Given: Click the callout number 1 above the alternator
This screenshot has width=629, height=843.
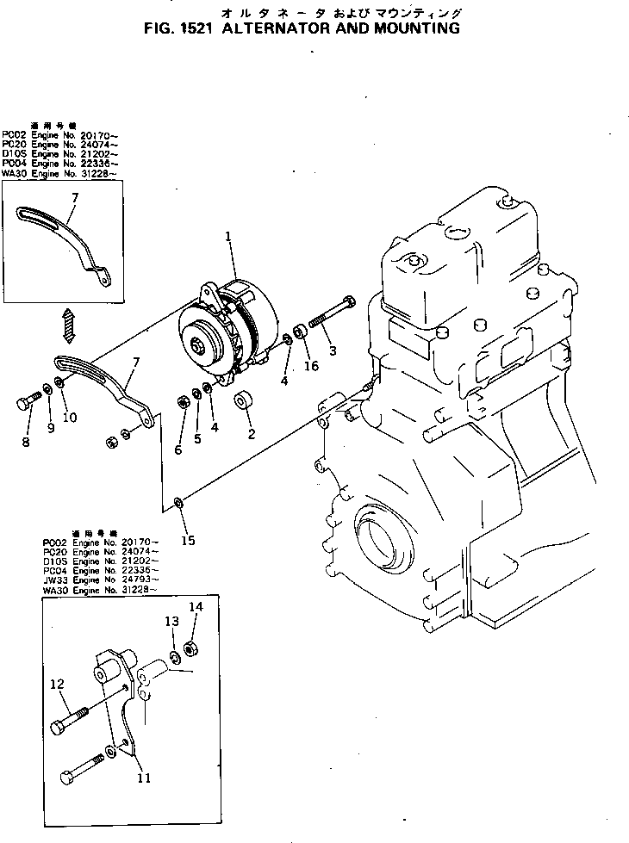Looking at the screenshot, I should [x=228, y=236].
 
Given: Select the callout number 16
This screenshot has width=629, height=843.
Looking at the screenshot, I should [x=311, y=365].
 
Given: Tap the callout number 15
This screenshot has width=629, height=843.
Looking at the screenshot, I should [x=188, y=541].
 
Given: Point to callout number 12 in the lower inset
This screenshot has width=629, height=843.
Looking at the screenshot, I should [x=57, y=685].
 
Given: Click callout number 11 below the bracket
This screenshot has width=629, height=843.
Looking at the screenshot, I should [x=144, y=778].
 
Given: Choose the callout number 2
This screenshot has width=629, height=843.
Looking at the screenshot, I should [x=252, y=434].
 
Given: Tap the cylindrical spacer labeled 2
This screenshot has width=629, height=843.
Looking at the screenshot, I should [x=243, y=402].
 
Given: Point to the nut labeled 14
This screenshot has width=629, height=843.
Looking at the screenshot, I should [x=192, y=648].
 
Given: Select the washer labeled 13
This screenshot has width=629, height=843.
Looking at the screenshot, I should [x=173, y=659].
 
